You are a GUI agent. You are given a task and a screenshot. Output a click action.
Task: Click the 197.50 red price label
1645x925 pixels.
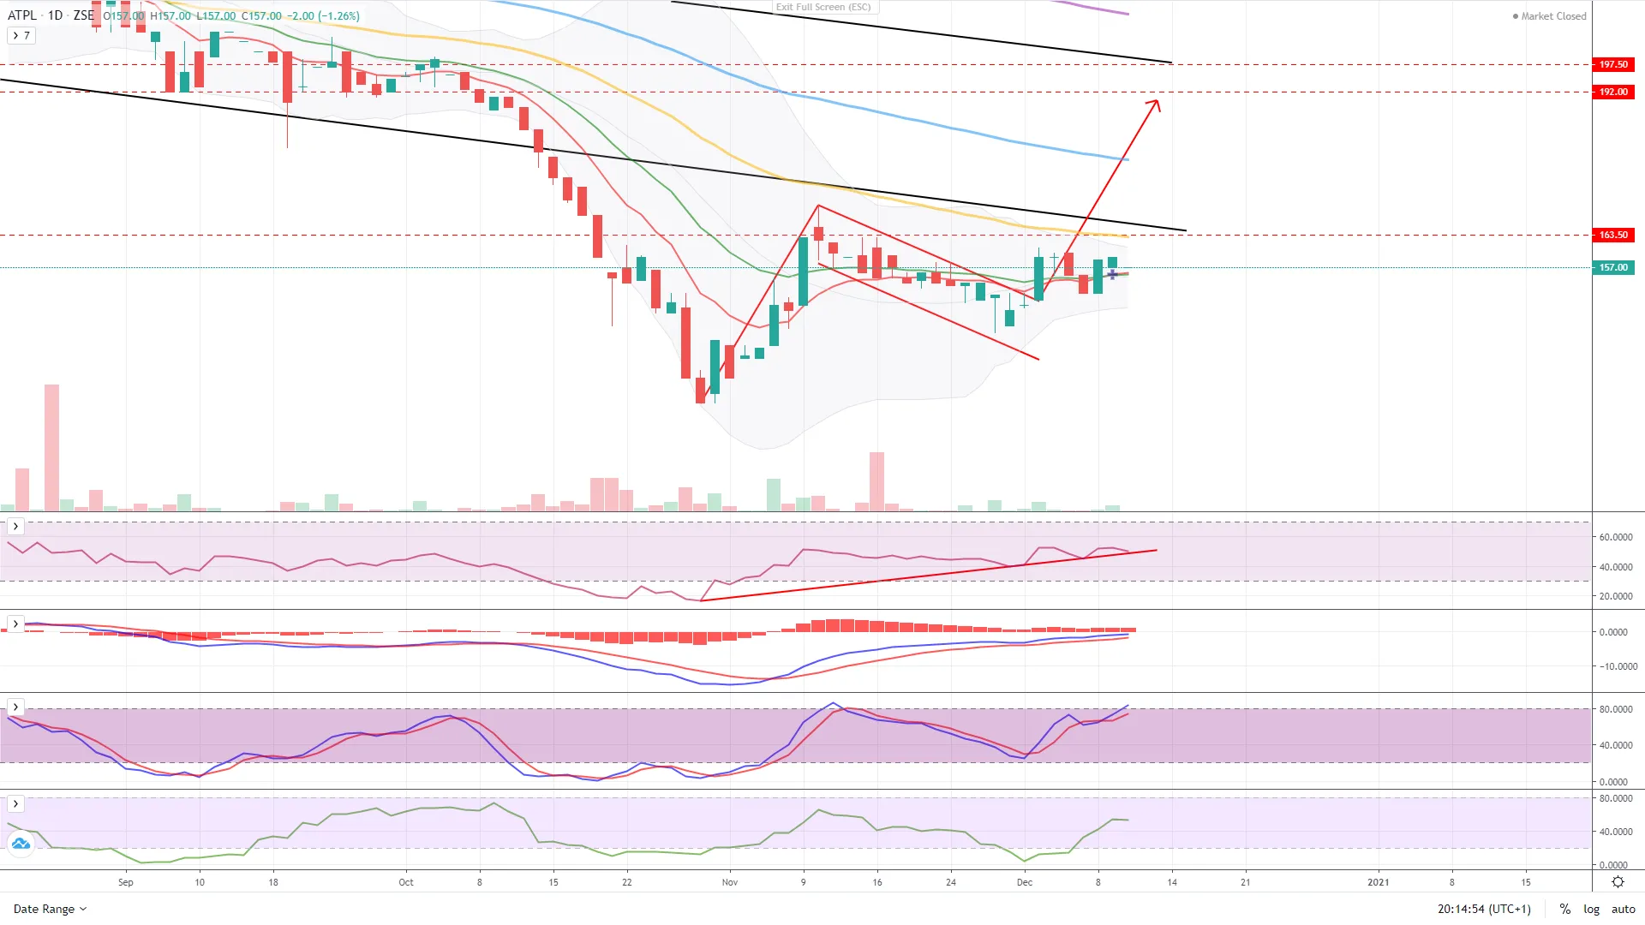point(1613,64)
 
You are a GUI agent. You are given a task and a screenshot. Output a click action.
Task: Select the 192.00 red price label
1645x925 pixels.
point(1613,92)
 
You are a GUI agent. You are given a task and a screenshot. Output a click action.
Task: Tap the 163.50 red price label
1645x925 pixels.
point(1613,235)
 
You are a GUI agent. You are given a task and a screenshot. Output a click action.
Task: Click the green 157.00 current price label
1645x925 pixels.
point(1613,267)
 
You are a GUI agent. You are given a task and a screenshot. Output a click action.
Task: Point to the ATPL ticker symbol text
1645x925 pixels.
point(22,15)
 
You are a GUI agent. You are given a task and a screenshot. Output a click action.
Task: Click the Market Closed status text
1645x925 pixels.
point(1552,16)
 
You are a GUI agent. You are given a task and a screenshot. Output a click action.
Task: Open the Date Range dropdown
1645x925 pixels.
point(50,909)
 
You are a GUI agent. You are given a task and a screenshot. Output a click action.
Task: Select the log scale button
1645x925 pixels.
point(1591,909)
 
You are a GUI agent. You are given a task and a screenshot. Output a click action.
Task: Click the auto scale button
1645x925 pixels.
point(1624,909)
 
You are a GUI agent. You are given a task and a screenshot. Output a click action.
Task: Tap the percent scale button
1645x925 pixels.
point(1564,909)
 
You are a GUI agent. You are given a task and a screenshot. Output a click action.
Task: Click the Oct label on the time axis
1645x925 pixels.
point(406,882)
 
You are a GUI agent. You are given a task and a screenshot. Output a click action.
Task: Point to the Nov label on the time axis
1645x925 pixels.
point(730,882)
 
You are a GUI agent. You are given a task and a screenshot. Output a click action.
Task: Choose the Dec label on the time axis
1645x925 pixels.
point(1025,882)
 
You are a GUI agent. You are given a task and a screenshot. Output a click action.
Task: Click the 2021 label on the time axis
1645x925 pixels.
point(1379,882)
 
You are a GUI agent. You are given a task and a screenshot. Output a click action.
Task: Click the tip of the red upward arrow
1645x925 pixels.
point(1157,101)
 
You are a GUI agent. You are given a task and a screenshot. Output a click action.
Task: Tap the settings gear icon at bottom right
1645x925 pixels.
point(1618,882)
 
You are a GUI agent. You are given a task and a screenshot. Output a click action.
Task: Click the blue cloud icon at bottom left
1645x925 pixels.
point(21,844)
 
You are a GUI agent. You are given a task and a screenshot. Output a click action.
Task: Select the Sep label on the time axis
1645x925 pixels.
point(126,882)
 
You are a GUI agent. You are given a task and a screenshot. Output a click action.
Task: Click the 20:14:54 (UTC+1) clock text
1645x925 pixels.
point(1484,909)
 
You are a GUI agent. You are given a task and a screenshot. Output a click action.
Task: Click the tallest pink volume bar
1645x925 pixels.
point(52,447)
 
